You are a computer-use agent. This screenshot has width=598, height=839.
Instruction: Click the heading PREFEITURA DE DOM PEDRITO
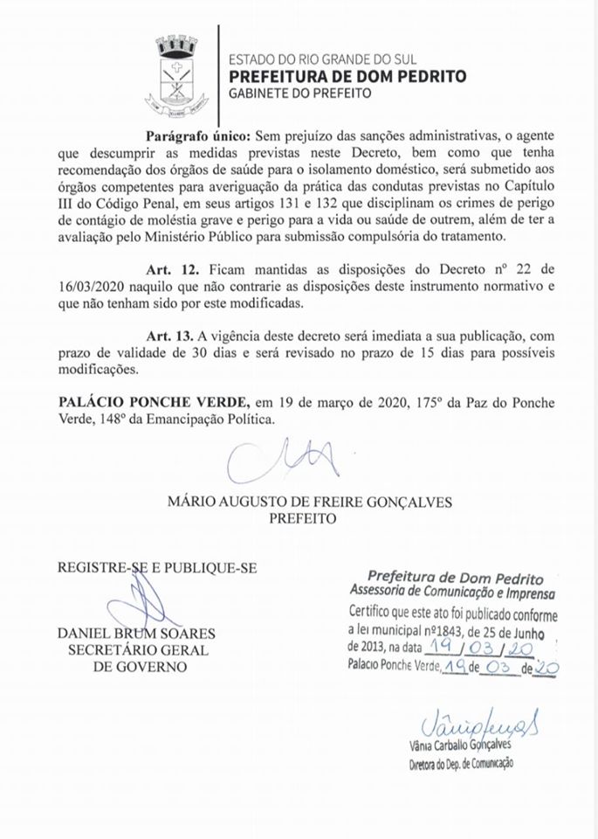click(x=347, y=76)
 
